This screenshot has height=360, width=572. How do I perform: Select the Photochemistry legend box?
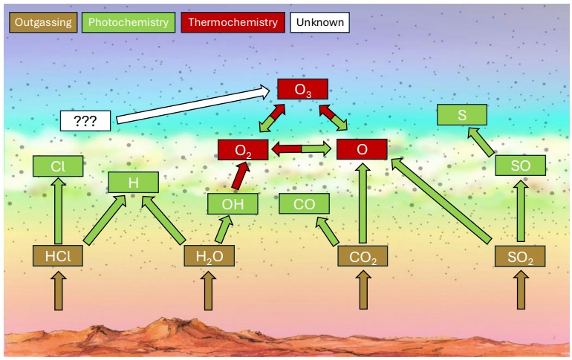(x=129, y=22)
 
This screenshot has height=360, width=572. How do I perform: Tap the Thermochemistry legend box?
(x=233, y=22)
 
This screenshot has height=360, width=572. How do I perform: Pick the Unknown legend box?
(x=319, y=22)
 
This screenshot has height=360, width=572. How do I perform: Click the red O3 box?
(x=302, y=90)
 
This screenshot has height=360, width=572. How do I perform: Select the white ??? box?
(x=85, y=120)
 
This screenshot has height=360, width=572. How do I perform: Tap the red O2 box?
(x=242, y=149)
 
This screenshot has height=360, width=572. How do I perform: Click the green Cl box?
(x=57, y=166)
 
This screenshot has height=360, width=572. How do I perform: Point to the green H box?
(x=134, y=182)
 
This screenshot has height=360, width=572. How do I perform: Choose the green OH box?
(x=232, y=203)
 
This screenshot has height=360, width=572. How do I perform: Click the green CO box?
(x=304, y=203)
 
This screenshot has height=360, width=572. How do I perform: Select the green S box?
(x=461, y=115)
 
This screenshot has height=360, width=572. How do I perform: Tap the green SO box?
(x=520, y=166)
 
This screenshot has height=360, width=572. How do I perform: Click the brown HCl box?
(x=57, y=256)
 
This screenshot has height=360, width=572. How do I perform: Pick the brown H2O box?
(x=209, y=256)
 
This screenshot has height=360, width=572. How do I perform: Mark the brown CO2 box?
(x=363, y=256)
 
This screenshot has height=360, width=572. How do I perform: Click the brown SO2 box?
(x=520, y=256)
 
